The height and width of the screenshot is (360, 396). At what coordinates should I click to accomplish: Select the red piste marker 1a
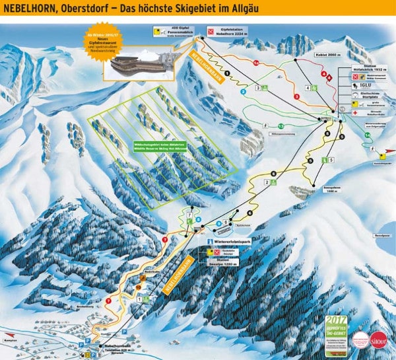(255, 62)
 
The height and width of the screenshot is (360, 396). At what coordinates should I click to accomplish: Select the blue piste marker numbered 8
(198, 219)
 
